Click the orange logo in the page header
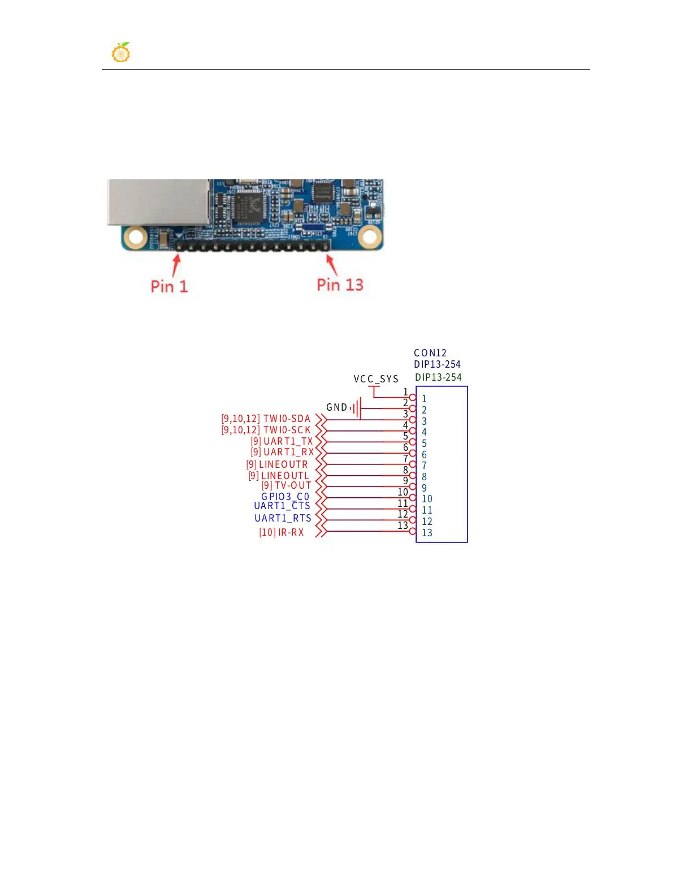click(121, 53)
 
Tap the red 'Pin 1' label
click(168, 286)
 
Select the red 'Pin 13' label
click(340, 285)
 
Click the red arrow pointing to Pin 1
click(176, 265)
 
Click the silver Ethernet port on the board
click(158, 202)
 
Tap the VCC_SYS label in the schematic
click(376, 379)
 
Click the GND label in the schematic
click(336, 407)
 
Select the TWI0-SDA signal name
click(287, 419)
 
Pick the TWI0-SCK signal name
click(287, 430)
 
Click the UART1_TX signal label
click(288, 441)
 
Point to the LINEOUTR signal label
click(283, 464)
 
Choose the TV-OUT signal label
click(293, 485)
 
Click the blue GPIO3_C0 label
click(285, 497)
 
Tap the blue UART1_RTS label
click(283, 518)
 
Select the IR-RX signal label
click(291, 532)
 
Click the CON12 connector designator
click(430, 353)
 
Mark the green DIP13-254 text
click(438, 377)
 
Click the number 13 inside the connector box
click(427, 533)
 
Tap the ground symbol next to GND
click(356, 408)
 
